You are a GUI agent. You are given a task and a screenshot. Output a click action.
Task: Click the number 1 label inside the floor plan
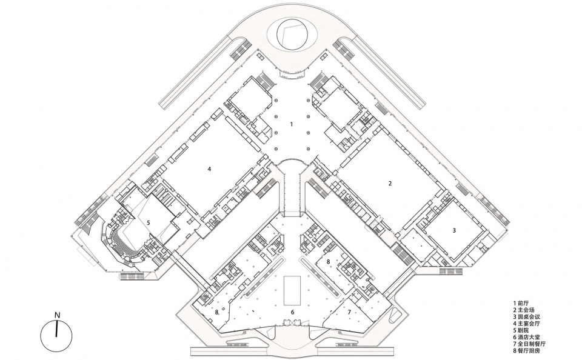tap(292, 124)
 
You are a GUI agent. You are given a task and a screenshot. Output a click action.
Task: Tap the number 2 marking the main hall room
tap(390, 183)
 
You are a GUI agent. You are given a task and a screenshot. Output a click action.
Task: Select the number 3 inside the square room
tap(454, 230)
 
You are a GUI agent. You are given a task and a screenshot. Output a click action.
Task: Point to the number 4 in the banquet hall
tap(209, 169)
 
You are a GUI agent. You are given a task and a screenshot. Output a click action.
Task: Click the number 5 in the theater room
tap(148, 222)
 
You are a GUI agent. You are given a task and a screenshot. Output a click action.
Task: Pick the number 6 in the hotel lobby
tap(292, 313)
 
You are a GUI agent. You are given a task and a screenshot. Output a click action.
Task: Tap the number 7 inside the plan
tap(349, 313)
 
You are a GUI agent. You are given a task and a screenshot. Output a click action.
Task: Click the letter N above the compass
tap(57, 315)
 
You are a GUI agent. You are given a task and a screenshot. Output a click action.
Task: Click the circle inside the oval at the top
tap(293, 34)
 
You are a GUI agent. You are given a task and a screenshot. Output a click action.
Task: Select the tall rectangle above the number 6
tap(293, 290)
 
